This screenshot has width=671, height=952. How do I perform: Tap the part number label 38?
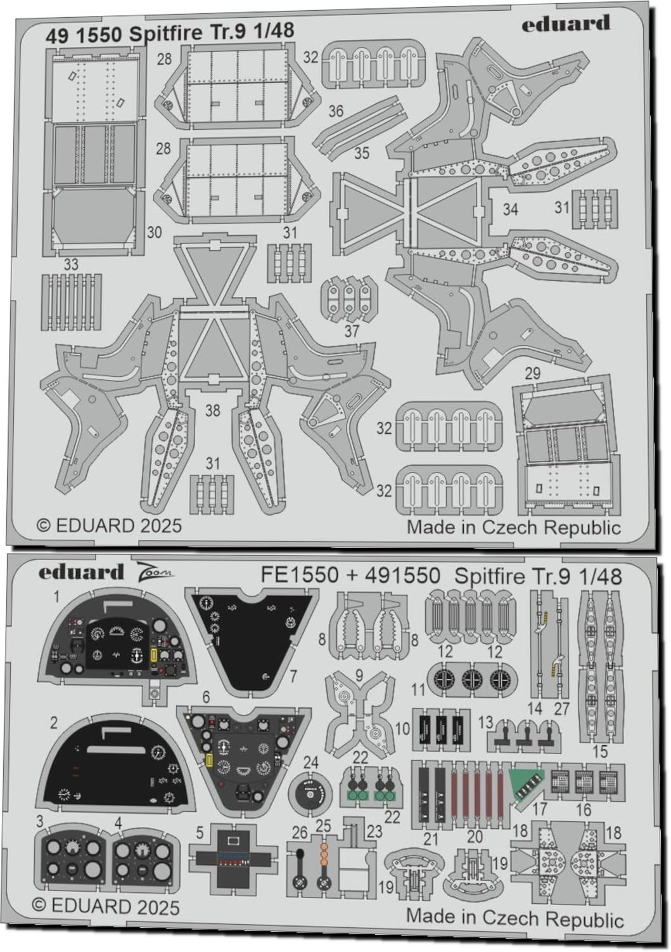pos(212,410)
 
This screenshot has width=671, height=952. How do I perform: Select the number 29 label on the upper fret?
pos(532,373)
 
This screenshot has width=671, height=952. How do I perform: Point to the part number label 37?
pos(352,331)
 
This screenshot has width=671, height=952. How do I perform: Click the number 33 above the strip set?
pos(71,264)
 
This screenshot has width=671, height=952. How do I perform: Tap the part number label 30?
pos(154,233)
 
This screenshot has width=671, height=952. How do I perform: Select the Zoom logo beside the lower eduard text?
pos(157,573)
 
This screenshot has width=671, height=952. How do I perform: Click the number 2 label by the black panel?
pos(54,722)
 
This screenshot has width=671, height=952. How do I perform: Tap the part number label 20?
pos(475,837)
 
